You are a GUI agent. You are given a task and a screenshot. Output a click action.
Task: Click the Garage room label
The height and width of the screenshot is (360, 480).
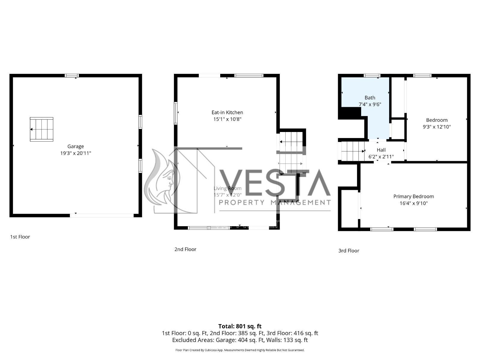point(75,146)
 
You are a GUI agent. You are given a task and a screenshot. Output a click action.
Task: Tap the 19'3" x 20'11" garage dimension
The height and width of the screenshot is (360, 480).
point(75,153)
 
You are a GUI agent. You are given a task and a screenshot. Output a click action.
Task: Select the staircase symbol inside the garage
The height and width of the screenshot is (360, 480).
point(41,129)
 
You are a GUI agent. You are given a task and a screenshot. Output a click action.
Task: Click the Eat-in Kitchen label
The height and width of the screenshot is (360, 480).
point(227,112)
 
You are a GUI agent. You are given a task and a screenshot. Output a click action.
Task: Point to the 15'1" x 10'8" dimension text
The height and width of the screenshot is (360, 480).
point(227,119)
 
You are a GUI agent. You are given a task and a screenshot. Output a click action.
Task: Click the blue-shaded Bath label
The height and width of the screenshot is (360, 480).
point(370,98)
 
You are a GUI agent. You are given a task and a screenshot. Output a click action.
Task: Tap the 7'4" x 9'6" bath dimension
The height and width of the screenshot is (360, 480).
point(370,104)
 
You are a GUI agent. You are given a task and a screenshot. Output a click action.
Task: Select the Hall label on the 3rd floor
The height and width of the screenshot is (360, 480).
point(381,150)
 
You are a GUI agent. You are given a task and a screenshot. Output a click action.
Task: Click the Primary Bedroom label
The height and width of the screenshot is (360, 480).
point(413,196)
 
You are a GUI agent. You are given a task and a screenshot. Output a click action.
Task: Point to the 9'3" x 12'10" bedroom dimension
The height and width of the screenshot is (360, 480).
point(437,127)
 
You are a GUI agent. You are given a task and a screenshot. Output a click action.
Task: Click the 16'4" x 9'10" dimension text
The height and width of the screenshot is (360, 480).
point(413,203)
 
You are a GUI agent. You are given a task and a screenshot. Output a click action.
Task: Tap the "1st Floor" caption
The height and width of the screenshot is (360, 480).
point(20,237)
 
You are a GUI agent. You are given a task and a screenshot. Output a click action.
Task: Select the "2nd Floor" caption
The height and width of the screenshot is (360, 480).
point(185,249)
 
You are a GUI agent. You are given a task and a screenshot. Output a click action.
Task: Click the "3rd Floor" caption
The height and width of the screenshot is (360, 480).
point(349,251)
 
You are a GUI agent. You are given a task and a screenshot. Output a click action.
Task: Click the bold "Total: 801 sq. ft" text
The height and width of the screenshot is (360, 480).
point(240,326)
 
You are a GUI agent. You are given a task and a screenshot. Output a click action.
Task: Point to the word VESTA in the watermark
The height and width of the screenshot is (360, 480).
point(275,183)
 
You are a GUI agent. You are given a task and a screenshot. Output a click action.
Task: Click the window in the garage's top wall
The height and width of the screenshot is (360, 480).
point(72,76)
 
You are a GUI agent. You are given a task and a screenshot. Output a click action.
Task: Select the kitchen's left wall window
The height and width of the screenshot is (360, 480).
point(175,113)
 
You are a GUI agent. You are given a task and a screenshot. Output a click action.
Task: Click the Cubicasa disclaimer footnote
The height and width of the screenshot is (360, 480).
point(240,350)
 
